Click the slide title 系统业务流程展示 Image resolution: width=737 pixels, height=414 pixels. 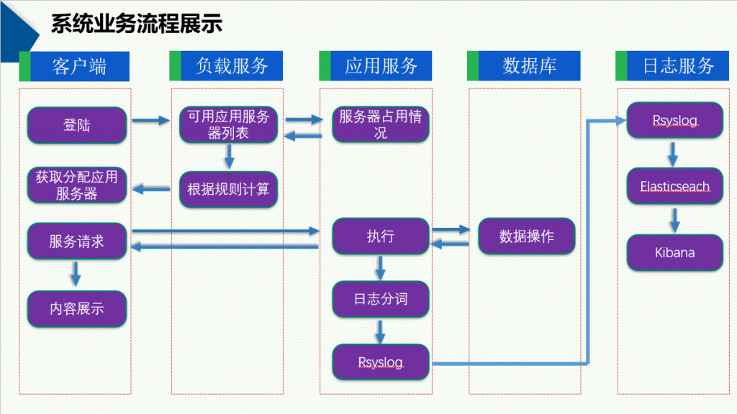(x=136, y=24)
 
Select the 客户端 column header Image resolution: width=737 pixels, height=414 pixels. (x=79, y=66)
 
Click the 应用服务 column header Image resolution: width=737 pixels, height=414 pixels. (x=381, y=66)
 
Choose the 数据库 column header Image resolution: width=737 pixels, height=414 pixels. (x=529, y=66)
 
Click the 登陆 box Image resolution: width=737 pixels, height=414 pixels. (x=77, y=125)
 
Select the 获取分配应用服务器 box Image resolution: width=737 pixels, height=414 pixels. (x=77, y=185)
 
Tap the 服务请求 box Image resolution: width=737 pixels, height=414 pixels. (x=77, y=241)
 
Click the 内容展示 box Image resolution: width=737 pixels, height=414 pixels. (x=77, y=308)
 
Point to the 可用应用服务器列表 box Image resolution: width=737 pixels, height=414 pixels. (x=228, y=125)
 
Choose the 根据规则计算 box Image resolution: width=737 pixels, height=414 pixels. (x=228, y=189)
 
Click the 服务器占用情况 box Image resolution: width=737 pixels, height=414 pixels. (x=381, y=125)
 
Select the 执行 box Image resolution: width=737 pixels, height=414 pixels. (x=381, y=236)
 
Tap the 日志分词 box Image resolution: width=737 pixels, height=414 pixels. (x=381, y=299)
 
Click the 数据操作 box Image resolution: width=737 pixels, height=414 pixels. (x=527, y=236)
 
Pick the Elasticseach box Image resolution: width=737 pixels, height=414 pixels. (x=674, y=187)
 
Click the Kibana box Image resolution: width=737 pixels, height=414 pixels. (x=674, y=252)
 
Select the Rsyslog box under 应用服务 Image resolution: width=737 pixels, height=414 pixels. (x=381, y=362)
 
